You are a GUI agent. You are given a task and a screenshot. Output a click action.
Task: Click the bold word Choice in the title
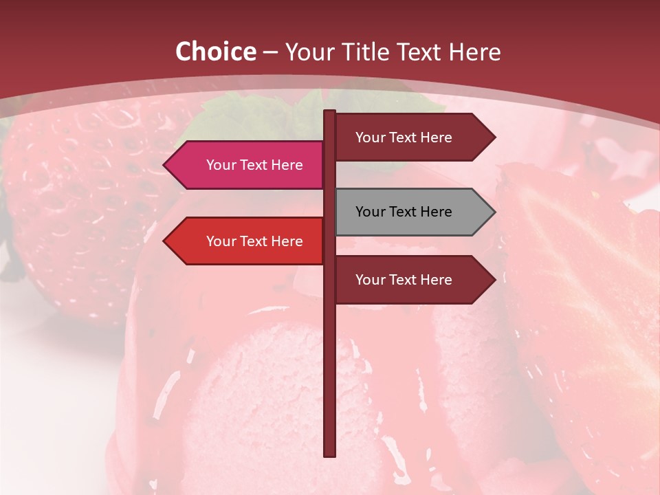click(215, 52)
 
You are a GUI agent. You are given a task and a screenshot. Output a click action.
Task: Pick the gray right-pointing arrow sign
click(412, 212)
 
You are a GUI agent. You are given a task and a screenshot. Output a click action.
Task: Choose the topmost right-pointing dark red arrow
click(412, 137)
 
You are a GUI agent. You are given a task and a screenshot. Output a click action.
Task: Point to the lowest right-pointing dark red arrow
click(412, 280)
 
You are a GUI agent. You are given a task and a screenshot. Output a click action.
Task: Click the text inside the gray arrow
click(404, 212)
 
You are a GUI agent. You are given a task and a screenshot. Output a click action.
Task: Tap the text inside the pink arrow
click(254, 165)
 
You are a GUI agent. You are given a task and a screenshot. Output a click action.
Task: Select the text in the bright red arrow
click(254, 241)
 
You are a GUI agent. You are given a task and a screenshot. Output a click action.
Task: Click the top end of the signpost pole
click(330, 112)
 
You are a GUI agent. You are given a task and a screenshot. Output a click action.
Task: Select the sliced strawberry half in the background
click(584, 296)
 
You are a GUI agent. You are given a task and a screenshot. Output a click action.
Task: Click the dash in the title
click(270, 52)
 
